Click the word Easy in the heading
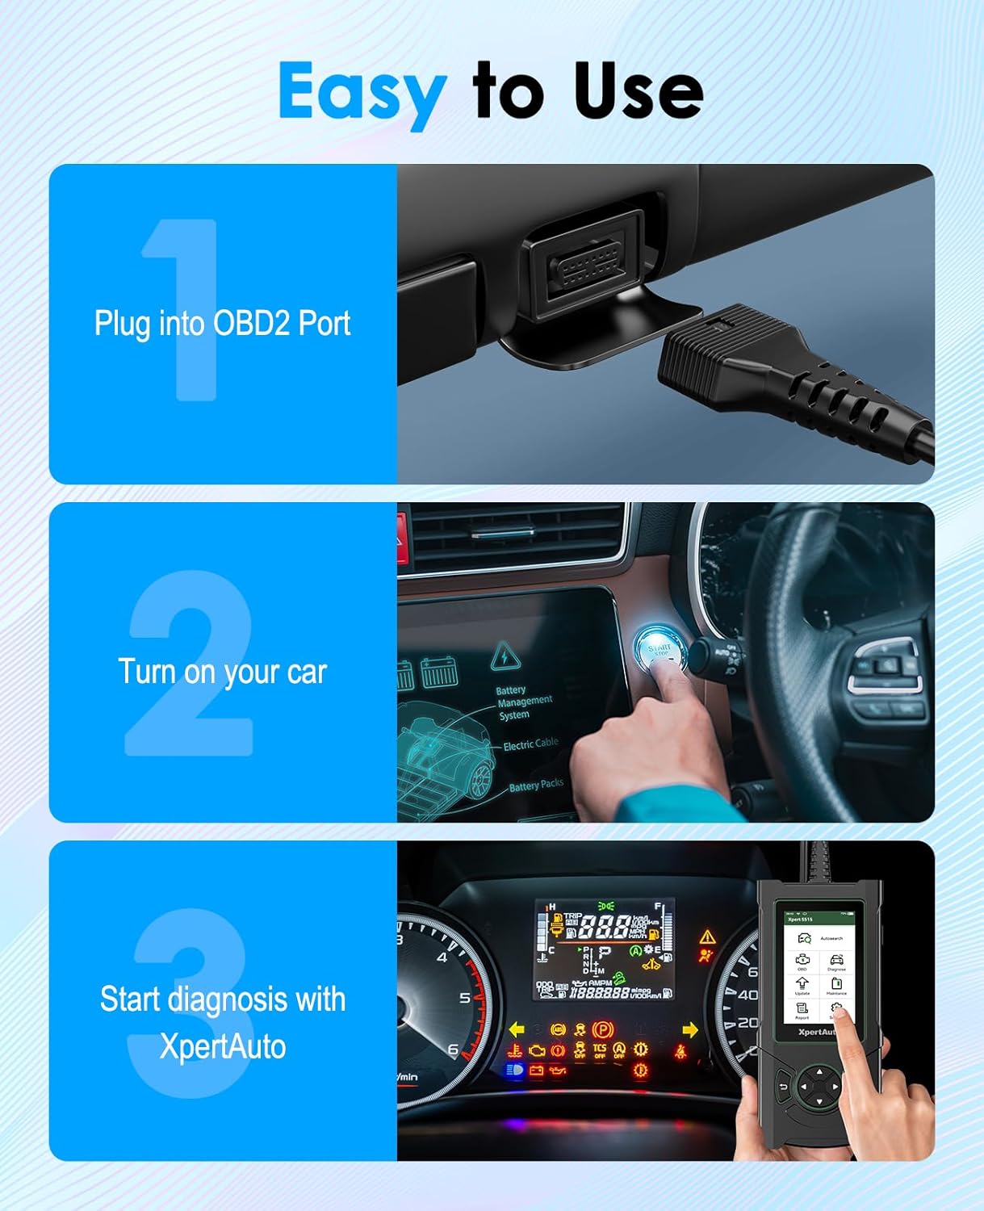tap(362, 92)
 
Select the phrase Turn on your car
tap(222, 672)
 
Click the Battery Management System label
tap(523, 702)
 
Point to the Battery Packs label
tap(536, 785)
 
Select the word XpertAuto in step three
tap(223, 1046)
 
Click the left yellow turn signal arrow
tap(517, 1029)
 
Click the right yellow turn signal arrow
tap(689, 1029)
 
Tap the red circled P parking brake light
tap(601, 1029)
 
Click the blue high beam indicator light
tap(513, 1071)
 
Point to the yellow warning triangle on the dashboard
tap(707, 937)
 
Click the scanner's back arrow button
tap(783, 1087)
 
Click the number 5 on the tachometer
tap(464, 999)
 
